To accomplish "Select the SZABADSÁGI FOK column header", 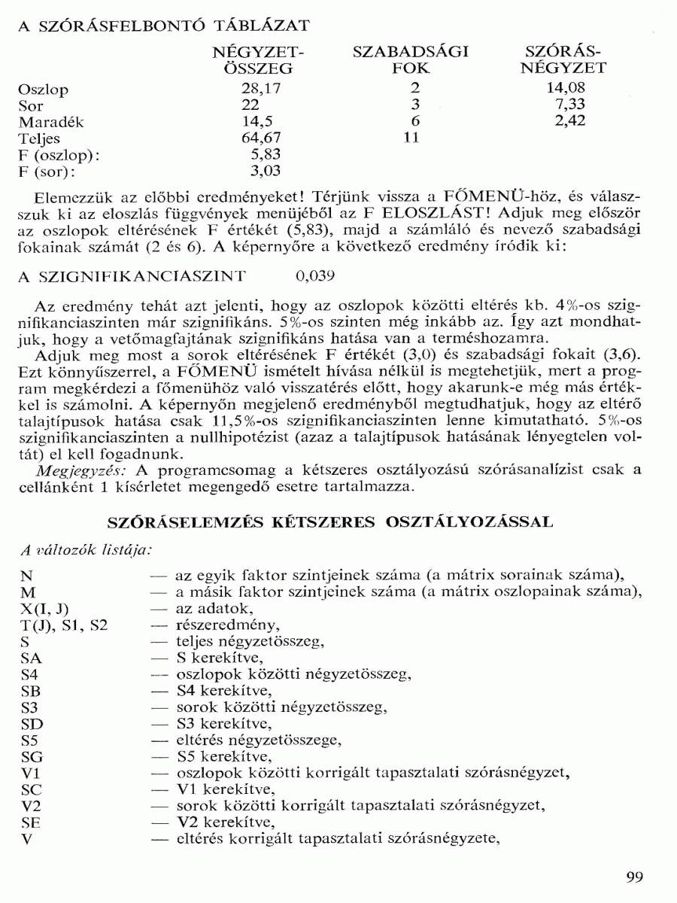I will tap(411, 60).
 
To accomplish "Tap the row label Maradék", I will tap(51, 122).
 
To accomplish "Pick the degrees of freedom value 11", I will tap(411, 138).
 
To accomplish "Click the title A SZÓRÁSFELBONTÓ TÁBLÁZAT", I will tap(163, 26).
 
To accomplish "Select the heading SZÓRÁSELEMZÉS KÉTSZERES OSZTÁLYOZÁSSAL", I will tap(331, 521).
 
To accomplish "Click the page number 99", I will tap(634, 877).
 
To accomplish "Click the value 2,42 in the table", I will tap(569, 120).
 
